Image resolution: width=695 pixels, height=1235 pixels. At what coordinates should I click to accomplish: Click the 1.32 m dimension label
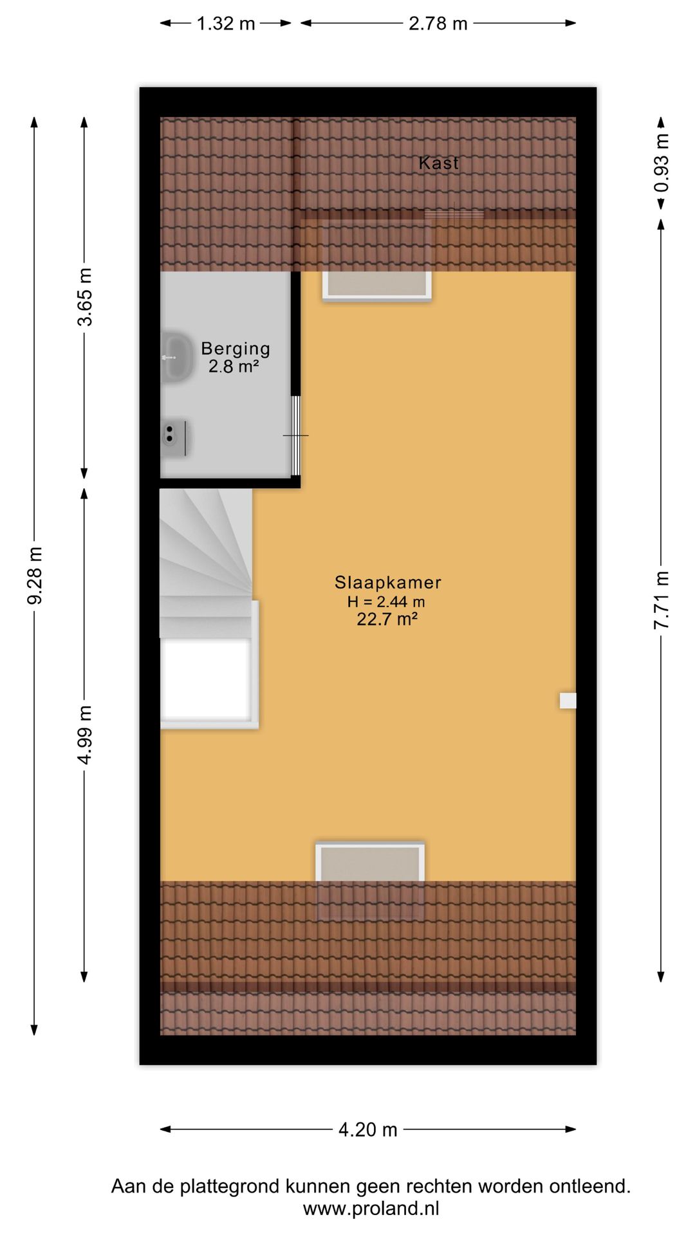coord(225,24)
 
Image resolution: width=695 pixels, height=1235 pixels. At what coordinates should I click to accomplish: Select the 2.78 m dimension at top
coord(438,24)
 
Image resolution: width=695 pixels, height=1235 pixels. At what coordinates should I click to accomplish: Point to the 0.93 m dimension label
coord(662,162)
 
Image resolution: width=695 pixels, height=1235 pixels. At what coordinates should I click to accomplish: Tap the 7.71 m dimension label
coord(662,599)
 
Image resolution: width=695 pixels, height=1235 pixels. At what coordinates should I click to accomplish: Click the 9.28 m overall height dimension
coord(35,576)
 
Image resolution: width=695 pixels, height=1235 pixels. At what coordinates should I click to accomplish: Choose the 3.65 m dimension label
coord(85,297)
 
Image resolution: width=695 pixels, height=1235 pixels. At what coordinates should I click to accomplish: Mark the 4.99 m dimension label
coord(85,734)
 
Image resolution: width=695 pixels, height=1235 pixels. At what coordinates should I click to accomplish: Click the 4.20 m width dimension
coord(367,1130)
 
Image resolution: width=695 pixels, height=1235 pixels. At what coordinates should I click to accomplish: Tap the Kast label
coord(438,163)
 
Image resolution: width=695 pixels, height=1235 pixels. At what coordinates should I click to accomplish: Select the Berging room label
coord(236,349)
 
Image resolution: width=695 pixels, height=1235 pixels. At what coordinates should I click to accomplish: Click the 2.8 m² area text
coord(234,367)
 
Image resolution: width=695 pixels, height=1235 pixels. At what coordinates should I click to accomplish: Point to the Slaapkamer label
coord(387,583)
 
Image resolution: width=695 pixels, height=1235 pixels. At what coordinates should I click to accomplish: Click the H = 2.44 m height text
coord(386,602)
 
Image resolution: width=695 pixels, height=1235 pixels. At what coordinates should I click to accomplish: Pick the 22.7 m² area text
coord(387,619)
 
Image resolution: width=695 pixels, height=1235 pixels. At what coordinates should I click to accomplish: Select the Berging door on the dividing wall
coord(296,435)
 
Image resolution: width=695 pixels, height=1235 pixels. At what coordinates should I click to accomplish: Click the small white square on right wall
coord(568,700)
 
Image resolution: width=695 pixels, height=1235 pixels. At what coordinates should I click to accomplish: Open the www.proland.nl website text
coord(371,1209)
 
